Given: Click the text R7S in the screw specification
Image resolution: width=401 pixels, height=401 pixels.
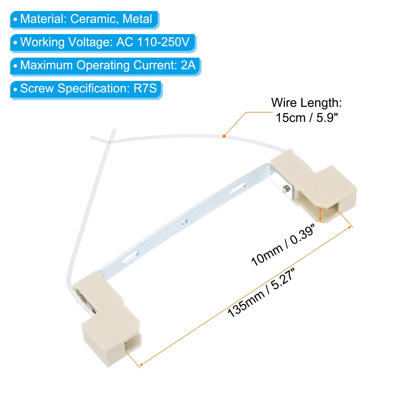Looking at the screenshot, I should [x=145, y=88].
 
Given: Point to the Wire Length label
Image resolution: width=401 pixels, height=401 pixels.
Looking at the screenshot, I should [x=306, y=103].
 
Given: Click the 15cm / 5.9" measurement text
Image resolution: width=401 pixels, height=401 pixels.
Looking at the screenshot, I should [x=307, y=118].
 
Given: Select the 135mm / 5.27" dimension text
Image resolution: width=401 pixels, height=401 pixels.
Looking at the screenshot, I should [x=261, y=293].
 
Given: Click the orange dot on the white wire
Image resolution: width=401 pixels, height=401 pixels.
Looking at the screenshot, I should [x=224, y=136].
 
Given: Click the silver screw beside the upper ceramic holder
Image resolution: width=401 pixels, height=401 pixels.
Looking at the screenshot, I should [x=285, y=188].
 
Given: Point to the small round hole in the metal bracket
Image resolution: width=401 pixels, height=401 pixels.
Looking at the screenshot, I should [x=185, y=221].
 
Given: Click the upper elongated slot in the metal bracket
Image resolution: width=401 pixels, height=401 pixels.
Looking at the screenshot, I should [x=238, y=188].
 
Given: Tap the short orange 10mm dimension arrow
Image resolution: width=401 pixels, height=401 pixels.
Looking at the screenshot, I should [x=320, y=215].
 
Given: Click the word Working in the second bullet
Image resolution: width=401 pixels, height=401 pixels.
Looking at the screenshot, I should [x=42, y=42].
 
